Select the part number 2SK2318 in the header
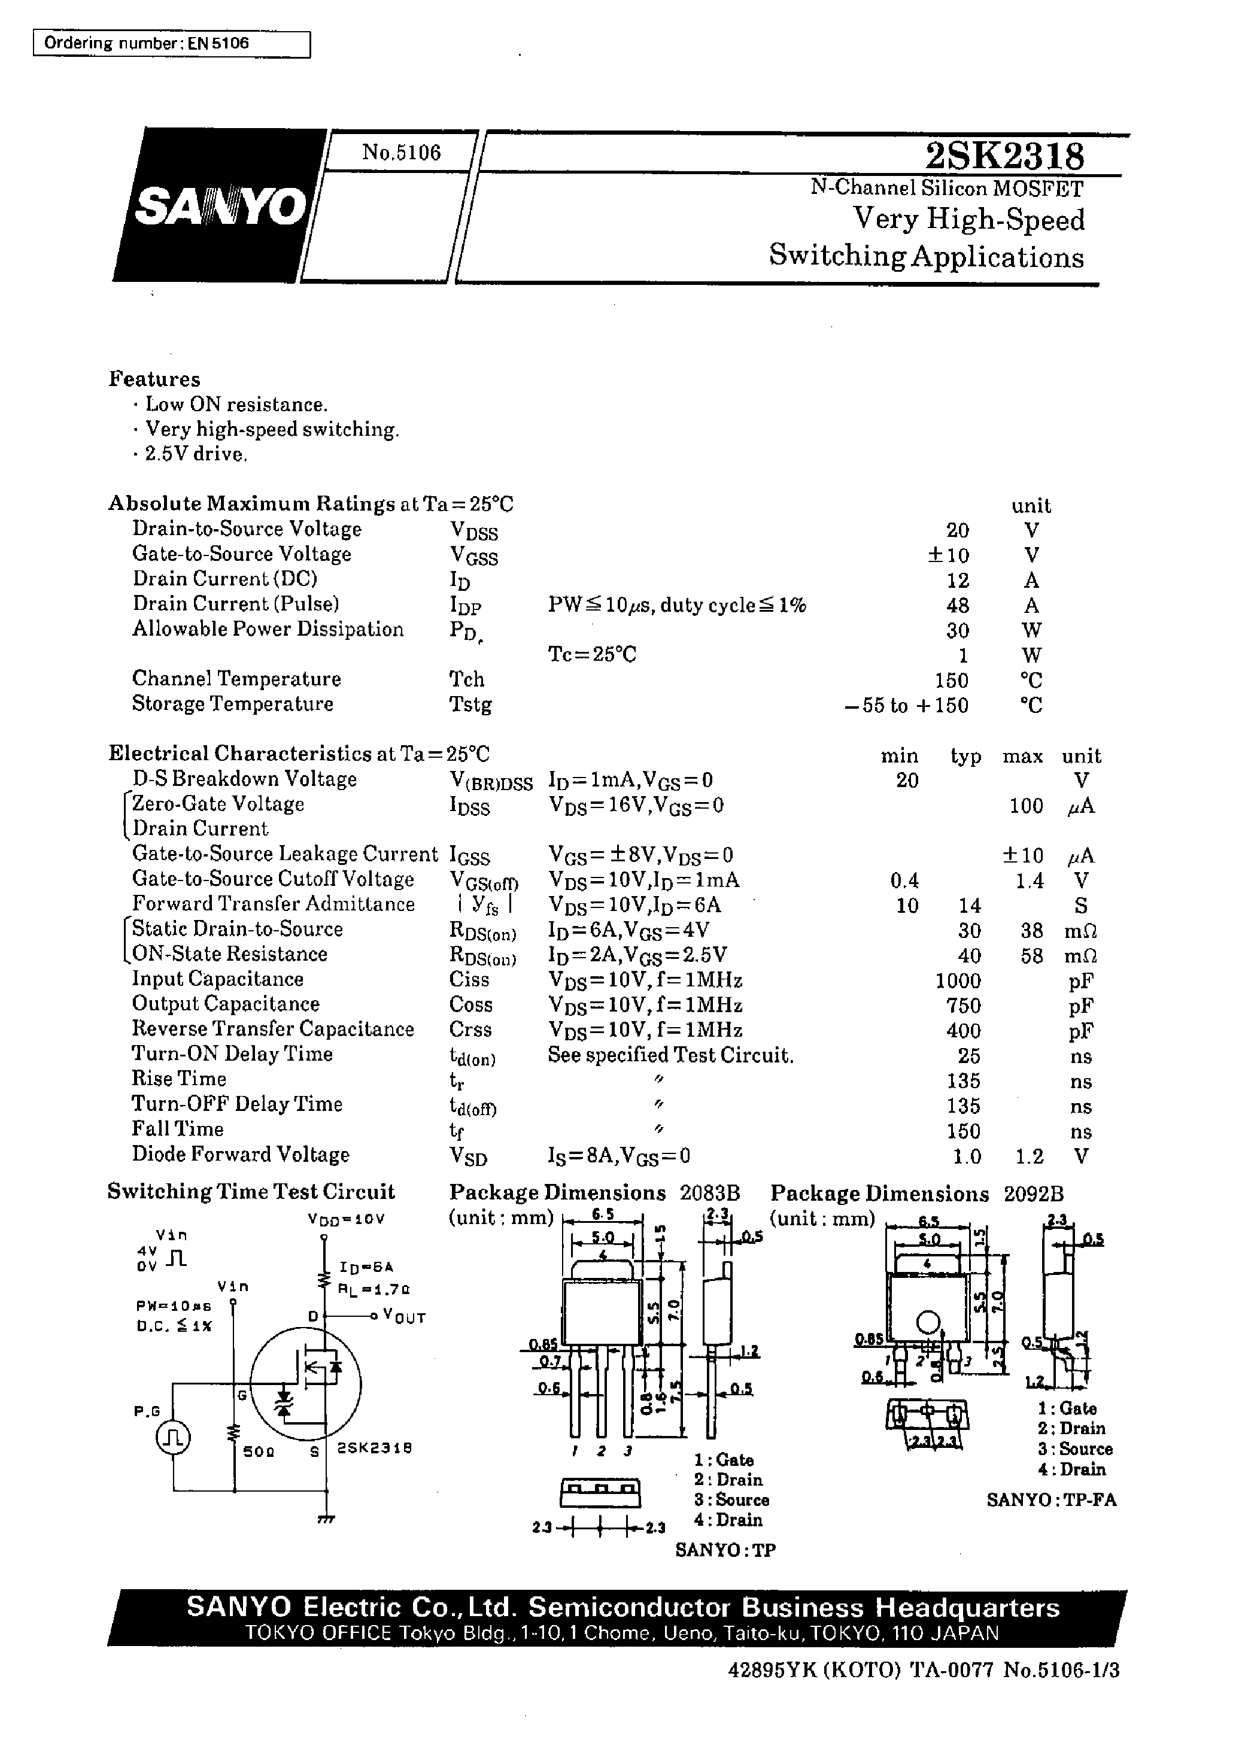pos(1004,157)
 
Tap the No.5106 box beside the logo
pos(401,153)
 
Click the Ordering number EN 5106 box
pos(172,44)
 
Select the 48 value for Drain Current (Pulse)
pos(958,606)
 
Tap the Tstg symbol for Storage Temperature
pos(470,704)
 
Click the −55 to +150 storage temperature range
pos(906,705)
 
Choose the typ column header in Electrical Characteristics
pos(965,757)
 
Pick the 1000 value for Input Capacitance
pos(958,980)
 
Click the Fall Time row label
pos(178,1129)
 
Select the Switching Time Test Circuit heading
pos(251,1191)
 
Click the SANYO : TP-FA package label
pos(1051,1500)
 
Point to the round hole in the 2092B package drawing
pos(928,1322)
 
